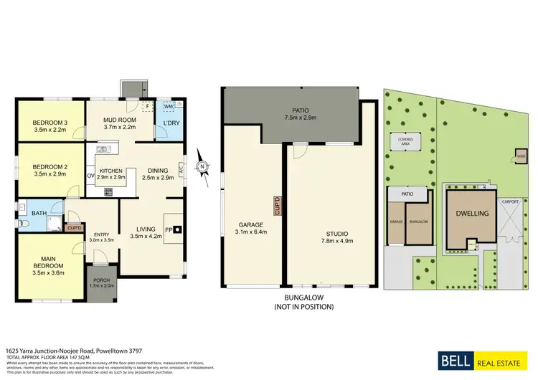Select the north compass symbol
tap(203, 168)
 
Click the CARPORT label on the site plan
tap(510, 202)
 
